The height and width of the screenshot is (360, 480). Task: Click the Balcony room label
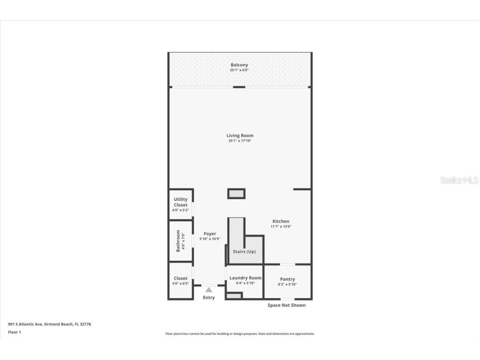tap(239, 65)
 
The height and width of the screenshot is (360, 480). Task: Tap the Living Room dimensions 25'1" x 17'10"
tap(240, 141)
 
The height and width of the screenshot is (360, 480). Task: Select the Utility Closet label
tap(180, 202)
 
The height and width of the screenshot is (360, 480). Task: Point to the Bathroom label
tap(178, 240)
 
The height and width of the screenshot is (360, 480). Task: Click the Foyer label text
tap(210, 234)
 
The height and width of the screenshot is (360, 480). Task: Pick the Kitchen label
tap(281, 221)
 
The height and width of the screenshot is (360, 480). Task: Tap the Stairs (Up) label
tap(245, 252)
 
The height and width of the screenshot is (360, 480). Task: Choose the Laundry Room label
tap(245, 278)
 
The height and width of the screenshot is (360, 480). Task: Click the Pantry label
tap(287, 279)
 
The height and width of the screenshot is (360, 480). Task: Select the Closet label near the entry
tap(180, 278)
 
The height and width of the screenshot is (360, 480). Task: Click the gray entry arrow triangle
tap(209, 290)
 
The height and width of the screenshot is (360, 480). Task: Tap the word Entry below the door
tap(209, 297)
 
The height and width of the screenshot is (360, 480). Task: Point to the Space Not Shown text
tap(286, 305)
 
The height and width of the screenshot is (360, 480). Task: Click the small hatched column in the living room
tap(236, 194)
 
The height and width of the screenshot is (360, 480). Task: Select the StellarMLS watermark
tap(459, 180)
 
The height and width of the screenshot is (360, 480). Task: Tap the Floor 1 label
tap(14, 332)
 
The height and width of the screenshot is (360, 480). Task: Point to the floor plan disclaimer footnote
tap(240, 334)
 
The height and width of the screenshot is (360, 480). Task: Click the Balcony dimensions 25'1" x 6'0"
tap(239, 70)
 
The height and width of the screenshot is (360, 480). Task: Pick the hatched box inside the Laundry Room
tap(234, 296)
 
